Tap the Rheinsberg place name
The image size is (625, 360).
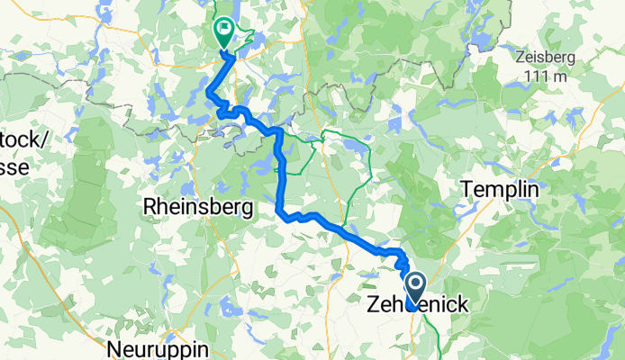click(x=196, y=207)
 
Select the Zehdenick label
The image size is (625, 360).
click(x=417, y=305)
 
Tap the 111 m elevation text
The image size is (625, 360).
click(x=549, y=77)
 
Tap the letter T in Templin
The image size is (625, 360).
click(x=466, y=190)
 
